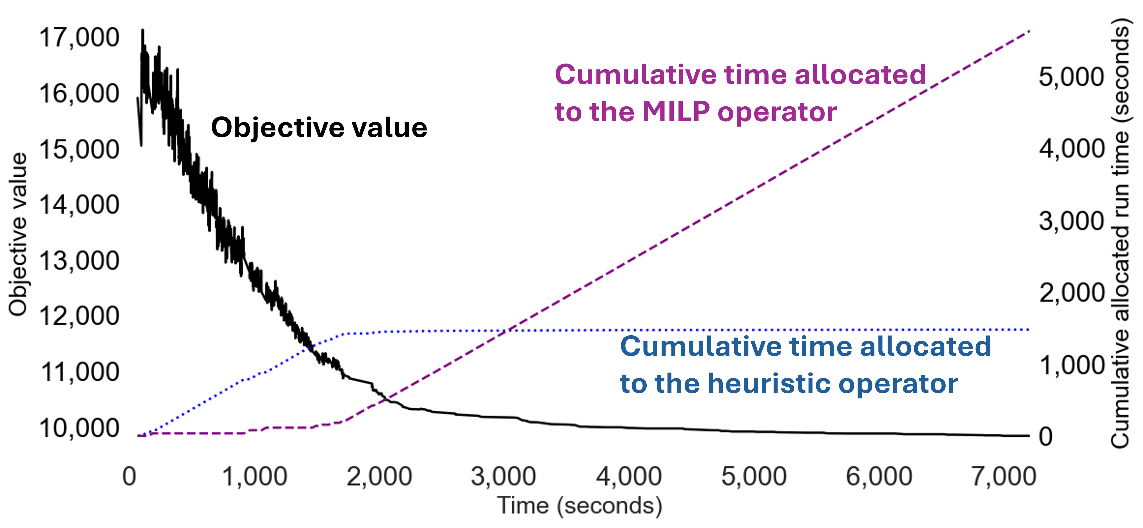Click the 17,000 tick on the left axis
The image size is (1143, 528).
[x=79, y=38]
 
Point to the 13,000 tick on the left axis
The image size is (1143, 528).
[x=79, y=261]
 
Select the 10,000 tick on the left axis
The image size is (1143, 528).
[x=79, y=428]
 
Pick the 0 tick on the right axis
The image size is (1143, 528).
[x=1046, y=437]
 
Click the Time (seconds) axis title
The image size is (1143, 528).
[x=579, y=506]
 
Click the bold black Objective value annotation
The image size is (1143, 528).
[x=319, y=128]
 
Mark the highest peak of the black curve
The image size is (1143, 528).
[x=142, y=30]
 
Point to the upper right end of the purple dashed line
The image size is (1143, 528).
[x=1028, y=31]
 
